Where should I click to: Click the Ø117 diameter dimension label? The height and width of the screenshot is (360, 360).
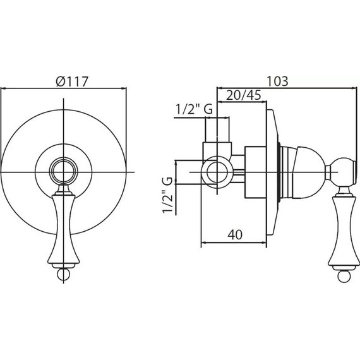(x=72, y=81)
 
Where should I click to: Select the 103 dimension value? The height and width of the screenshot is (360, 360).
(x=277, y=81)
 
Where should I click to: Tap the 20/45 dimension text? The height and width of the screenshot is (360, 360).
(x=244, y=95)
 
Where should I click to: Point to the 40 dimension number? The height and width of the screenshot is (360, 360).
(x=235, y=235)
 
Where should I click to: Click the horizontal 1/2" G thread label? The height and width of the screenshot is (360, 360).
(x=195, y=109)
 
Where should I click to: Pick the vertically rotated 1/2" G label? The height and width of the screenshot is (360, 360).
(x=167, y=195)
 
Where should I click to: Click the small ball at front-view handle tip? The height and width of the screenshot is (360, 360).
(x=63, y=274)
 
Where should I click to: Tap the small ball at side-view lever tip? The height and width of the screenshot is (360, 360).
(x=344, y=277)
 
